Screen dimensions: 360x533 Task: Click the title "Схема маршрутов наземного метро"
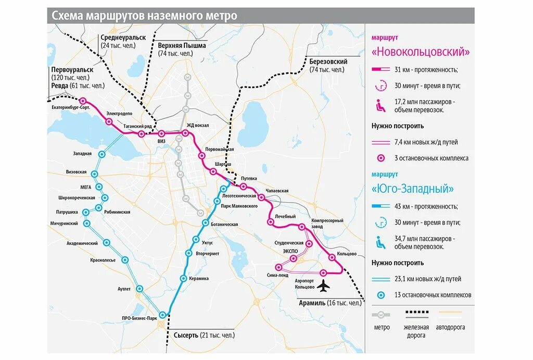(x=144, y=16)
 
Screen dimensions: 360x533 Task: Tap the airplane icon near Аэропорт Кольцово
(x=324, y=286)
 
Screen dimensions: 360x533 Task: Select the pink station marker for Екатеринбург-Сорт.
(x=83, y=101)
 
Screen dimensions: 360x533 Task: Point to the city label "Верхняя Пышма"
(x=182, y=46)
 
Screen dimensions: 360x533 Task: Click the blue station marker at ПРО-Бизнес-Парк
(x=163, y=314)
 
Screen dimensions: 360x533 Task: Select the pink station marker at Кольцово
(x=332, y=257)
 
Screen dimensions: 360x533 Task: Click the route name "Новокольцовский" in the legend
(x=421, y=52)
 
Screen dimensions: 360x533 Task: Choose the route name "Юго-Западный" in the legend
(x=413, y=189)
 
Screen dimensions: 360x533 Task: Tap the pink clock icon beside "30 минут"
(x=381, y=86)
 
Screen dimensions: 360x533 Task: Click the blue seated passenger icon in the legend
(x=381, y=242)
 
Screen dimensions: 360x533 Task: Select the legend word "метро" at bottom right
(x=382, y=327)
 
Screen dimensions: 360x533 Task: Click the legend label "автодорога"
(x=451, y=327)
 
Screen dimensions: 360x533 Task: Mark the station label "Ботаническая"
(x=224, y=224)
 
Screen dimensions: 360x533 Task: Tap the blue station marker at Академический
(x=107, y=242)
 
